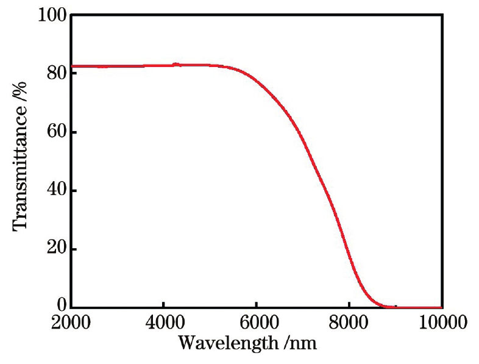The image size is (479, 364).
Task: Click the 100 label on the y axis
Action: pos(51,15)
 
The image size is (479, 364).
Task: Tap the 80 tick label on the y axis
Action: pos(55,73)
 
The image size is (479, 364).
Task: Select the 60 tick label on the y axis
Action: pos(55,132)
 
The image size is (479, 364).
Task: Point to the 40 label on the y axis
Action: pos(55,191)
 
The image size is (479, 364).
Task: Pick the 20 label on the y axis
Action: pos(55,249)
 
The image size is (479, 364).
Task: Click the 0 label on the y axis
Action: pos(60,307)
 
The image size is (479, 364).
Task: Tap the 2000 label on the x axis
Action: pos(71,323)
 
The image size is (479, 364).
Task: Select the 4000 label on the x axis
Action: pos(163,323)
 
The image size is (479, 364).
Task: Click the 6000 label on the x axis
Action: pos(257,323)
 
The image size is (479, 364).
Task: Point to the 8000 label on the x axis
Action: pos(349,323)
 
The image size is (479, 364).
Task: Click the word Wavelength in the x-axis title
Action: pos(227,342)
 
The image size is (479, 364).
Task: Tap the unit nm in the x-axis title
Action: pos(302,342)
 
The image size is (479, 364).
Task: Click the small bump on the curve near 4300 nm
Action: pos(177,64)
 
